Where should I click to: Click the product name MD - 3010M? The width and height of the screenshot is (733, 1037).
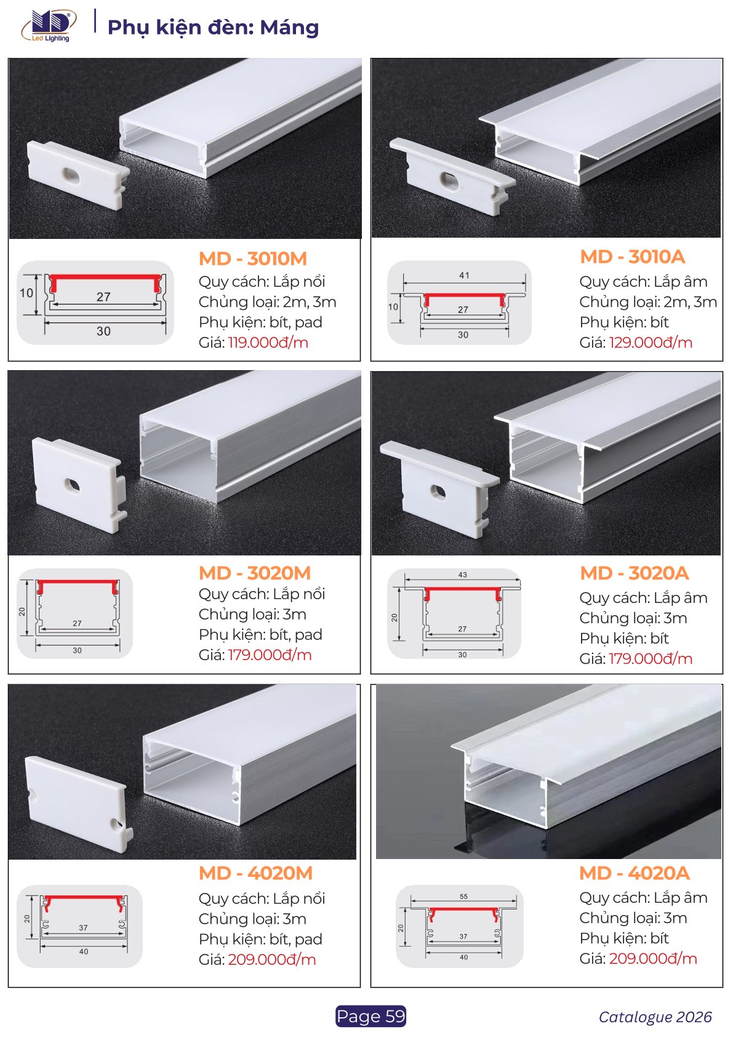pyautogui.click(x=253, y=259)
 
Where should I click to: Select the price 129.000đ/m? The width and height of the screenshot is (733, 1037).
pyautogui.click(x=651, y=342)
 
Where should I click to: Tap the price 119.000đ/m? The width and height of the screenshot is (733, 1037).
pyautogui.click(x=268, y=342)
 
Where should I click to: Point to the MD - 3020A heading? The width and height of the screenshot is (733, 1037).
pyautogui.click(x=635, y=573)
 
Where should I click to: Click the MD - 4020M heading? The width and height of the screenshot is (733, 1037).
pyautogui.click(x=256, y=873)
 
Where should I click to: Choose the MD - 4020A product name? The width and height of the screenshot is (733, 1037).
pyautogui.click(x=635, y=873)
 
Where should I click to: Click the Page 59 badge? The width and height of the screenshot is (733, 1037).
pyautogui.click(x=371, y=1016)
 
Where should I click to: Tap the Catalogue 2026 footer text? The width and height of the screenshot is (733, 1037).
pyautogui.click(x=655, y=1017)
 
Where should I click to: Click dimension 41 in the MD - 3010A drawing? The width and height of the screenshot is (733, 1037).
pyautogui.click(x=464, y=275)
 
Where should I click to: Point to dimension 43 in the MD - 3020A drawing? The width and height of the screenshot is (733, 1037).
pyautogui.click(x=463, y=575)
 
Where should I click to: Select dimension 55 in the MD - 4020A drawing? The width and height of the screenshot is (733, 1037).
pyautogui.click(x=463, y=896)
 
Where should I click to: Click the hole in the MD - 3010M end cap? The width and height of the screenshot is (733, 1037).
pyautogui.click(x=70, y=175)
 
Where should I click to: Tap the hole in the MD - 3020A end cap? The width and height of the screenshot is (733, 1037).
pyautogui.click(x=438, y=491)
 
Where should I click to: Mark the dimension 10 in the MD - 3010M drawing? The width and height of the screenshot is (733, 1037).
pyautogui.click(x=26, y=293)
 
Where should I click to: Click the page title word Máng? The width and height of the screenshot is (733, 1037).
pyautogui.click(x=289, y=27)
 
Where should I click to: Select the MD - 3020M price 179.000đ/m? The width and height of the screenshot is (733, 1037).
pyautogui.click(x=270, y=655)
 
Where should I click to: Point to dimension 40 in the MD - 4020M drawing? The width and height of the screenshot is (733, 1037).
pyautogui.click(x=83, y=951)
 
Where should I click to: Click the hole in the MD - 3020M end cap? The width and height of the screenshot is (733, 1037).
pyautogui.click(x=73, y=486)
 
